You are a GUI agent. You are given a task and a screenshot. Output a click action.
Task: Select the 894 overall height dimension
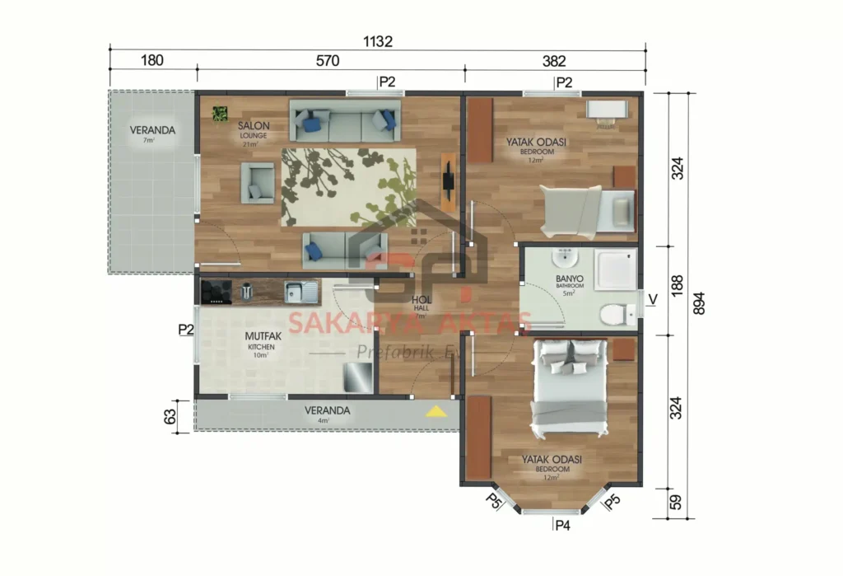(698, 303)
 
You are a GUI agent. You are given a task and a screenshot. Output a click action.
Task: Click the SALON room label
(254, 126)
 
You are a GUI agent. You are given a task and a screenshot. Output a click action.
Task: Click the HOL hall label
(420, 300)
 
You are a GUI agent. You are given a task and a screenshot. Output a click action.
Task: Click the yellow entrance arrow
(435, 411)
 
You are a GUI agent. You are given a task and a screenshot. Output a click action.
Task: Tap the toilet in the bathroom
(616, 315)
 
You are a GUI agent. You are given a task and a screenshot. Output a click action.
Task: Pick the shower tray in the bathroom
(615, 269)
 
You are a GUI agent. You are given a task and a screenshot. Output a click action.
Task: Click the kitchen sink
(300, 291)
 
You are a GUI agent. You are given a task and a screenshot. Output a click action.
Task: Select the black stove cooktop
(217, 291)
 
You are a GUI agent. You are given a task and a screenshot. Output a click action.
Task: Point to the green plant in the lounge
(220, 114)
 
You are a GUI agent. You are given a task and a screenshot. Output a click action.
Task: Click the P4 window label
(563, 525)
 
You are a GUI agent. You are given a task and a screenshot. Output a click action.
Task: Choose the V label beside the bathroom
(652, 299)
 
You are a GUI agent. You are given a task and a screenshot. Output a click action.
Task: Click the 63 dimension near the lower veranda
(171, 416)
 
